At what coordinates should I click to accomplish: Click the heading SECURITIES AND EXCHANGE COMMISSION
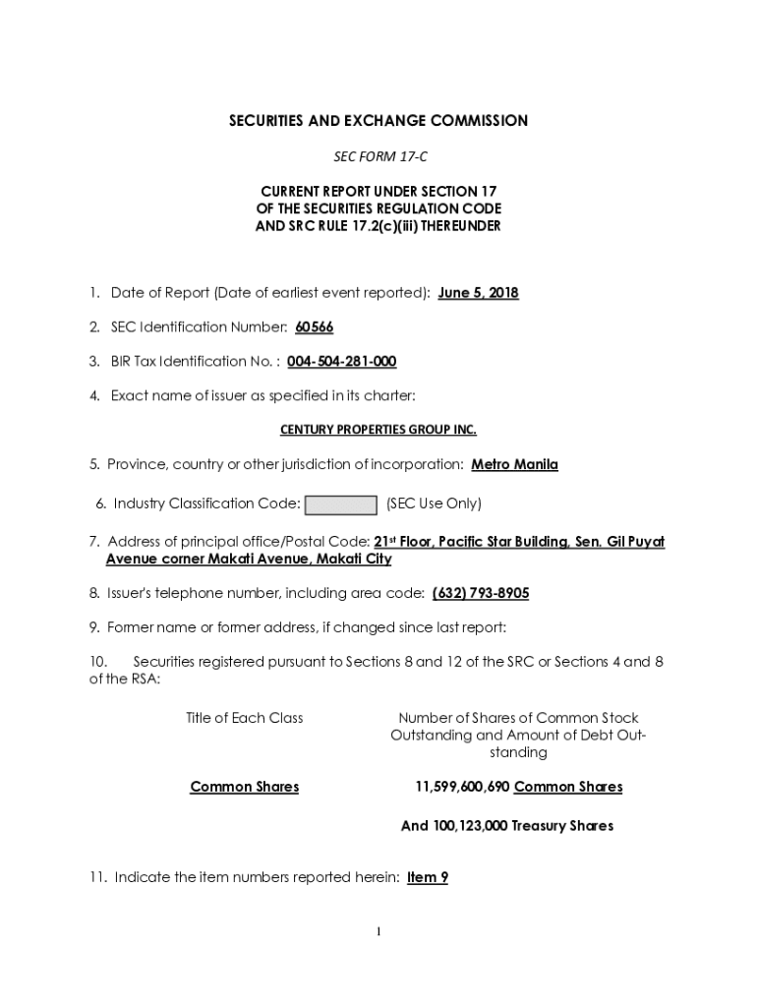click(378, 121)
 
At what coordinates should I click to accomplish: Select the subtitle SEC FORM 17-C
click(378, 157)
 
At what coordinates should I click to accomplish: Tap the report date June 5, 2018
click(478, 293)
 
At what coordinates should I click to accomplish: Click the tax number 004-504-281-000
click(341, 362)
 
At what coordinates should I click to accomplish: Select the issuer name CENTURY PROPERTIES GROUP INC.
click(378, 430)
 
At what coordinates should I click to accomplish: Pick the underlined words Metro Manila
click(514, 464)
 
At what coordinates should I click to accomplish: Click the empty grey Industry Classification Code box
click(340, 505)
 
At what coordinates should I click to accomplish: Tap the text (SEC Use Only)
click(434, 504)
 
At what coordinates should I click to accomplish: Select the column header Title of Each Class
click(245, 718)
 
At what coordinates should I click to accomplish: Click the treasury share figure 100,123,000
click(469, 826)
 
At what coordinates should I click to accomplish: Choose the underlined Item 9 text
click(427, 877)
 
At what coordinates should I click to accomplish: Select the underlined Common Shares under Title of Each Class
click(245, 787)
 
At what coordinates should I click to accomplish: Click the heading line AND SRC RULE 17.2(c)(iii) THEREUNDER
click(378, 226)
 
